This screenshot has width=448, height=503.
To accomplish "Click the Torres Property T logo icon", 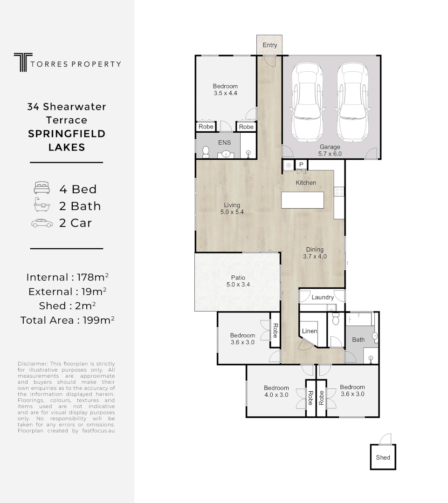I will (21, 62).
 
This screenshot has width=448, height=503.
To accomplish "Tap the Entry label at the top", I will (270, 45).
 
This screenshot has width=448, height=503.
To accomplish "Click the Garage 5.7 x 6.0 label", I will (330, 150).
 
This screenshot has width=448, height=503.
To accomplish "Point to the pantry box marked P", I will (301, 164).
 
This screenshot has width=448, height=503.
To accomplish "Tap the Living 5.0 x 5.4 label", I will (232, 208).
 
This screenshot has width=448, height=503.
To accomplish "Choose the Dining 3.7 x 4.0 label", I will (315, 253).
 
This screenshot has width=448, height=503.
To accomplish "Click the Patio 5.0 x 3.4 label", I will (235, 281).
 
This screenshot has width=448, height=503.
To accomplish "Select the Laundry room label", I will (323, 297).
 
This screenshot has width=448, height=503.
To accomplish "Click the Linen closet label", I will (310, 331).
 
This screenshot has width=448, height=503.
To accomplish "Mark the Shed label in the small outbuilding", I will (383, 457).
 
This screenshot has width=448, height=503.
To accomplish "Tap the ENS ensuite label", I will (224, 143).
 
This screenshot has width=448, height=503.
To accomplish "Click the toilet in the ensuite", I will (206, 152).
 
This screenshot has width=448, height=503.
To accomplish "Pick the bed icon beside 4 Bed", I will (42, 189).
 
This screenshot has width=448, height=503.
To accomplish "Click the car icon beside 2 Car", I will (42, 223).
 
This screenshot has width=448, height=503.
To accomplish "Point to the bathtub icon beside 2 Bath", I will (42, 206).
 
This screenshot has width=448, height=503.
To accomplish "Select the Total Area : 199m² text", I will (68, 320).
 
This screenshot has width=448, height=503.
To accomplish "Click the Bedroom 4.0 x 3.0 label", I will (276, 391).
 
